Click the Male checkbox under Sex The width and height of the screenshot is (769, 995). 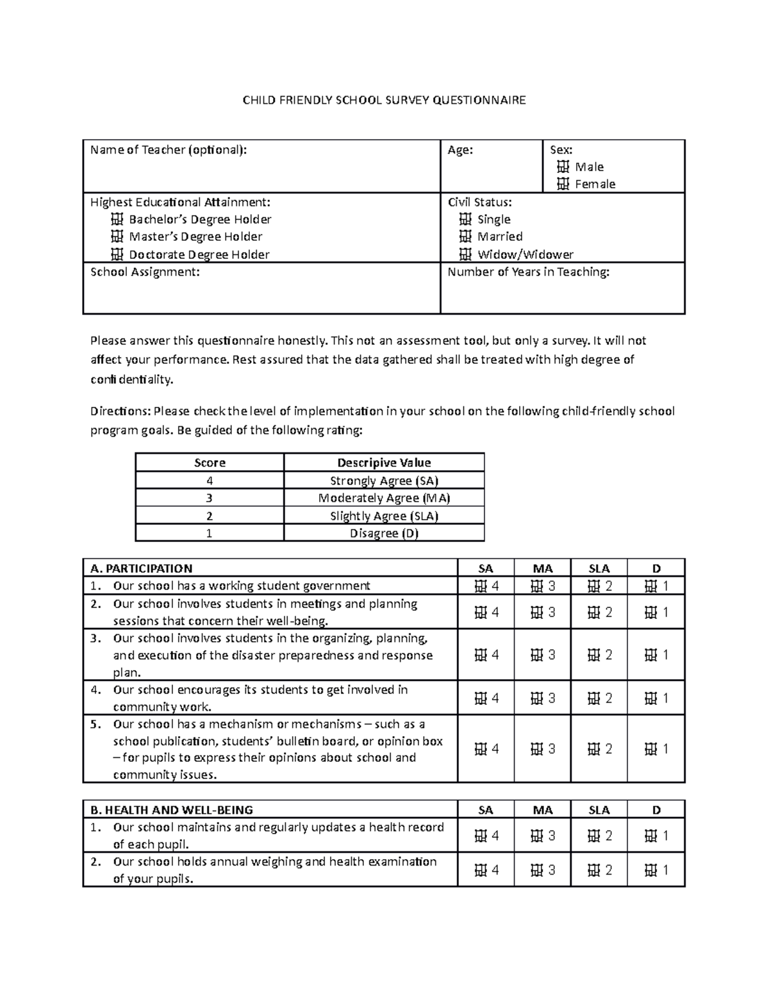(x=563, y=167)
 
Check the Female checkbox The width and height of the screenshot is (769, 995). (x=563, y=185)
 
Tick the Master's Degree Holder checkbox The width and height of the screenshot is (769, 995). (x=117, y=237)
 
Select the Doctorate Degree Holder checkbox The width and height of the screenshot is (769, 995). (x=117, y=254)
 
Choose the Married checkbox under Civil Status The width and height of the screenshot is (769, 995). (x=465, y=237)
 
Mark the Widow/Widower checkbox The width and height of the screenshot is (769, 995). (x=465, y=254)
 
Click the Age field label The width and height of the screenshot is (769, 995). (x=460, y=150)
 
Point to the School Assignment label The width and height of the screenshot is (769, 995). (x=145, y=272)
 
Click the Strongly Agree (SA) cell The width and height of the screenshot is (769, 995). (x=384, y=481)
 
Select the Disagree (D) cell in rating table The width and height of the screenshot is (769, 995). (x=384, y=534)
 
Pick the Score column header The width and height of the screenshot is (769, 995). (x=210, y=463)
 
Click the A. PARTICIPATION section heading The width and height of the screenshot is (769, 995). (x=142, y=568)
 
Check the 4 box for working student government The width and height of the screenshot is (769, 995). (x=481, y=586)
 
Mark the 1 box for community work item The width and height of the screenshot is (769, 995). (x=651, y=698)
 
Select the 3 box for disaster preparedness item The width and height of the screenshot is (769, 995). (x=537, y=655)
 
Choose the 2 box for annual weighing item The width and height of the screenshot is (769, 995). (x=594, y=870)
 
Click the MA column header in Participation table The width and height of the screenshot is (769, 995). (x=543, y=568)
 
